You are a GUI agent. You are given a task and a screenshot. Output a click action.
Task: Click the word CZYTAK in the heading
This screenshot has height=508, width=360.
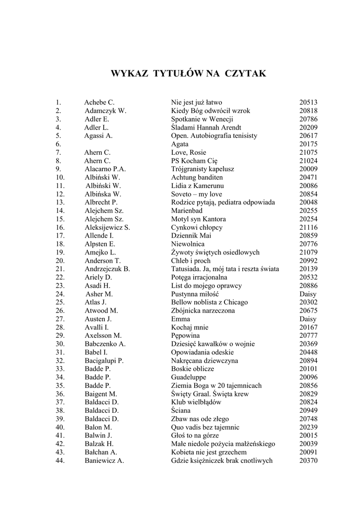[x=246, y=74]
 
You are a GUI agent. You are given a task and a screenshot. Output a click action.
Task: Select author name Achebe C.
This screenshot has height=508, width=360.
[x=99, y=103]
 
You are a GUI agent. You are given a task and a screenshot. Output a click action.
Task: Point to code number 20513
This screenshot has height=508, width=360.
[x=308, y=103]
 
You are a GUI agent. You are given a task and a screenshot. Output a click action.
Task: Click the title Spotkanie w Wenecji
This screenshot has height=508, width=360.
[x=202, y=119]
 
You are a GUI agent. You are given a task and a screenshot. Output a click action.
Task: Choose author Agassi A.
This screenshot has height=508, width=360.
[x=99, y=135]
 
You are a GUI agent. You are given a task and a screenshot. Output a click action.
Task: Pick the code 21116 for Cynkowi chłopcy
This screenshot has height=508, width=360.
[x=308, y=227]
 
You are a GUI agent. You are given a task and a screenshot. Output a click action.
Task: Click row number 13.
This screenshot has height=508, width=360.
[x=61, y=202]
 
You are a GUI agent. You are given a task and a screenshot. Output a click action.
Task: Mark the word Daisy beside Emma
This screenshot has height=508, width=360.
[x=308, y=319]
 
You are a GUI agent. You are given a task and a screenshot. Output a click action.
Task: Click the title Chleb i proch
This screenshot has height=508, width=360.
[x=191, y=260]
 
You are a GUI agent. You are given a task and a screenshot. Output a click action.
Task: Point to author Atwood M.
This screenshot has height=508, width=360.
[x=101, y=311]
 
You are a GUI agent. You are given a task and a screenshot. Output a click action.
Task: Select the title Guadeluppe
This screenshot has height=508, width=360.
[x=189, y=377]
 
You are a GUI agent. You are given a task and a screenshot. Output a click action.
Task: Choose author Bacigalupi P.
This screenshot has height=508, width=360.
[x=104, y=361]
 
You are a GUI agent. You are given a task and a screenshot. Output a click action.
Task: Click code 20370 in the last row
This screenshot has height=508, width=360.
[x=308, y=460]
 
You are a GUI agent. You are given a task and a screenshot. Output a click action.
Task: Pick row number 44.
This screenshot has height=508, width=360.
[x=61, y=460]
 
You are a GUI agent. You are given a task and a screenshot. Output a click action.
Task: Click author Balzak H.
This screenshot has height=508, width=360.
[x=99, y=444]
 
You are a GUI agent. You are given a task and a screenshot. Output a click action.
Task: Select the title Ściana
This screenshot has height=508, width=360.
[x=181, y=410]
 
